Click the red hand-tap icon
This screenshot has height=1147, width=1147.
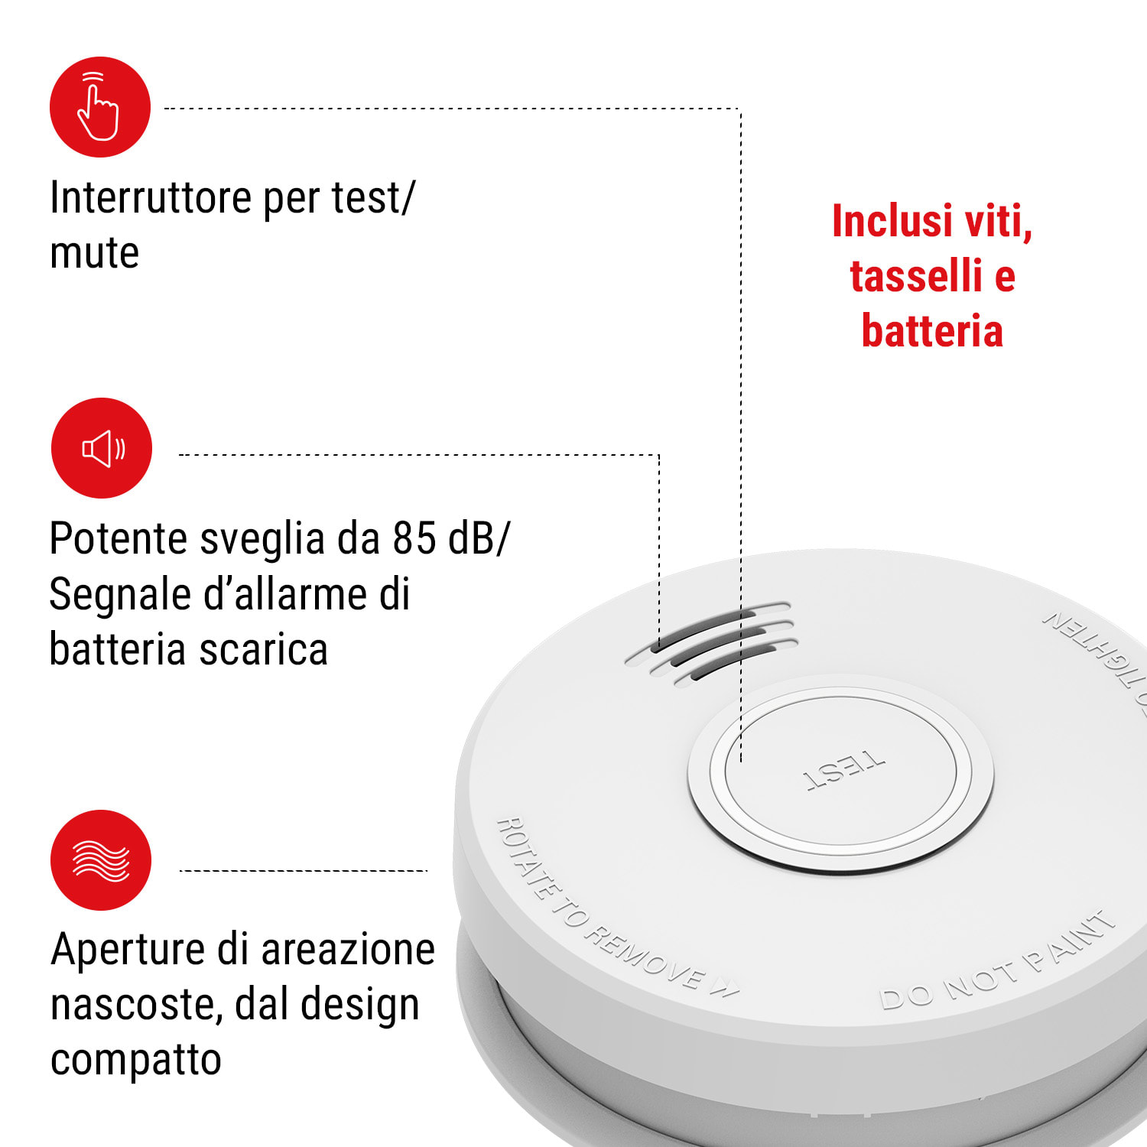100,107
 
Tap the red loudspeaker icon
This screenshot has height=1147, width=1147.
102,448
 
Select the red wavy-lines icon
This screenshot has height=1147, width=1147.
101,860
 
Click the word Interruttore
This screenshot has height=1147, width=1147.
151,197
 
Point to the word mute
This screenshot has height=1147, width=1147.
94,253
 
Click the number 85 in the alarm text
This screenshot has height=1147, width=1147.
414,538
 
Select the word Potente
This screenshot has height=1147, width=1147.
119,538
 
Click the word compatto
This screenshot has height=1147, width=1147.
136,1060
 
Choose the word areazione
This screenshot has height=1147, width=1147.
349,950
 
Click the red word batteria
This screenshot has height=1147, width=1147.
932,331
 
